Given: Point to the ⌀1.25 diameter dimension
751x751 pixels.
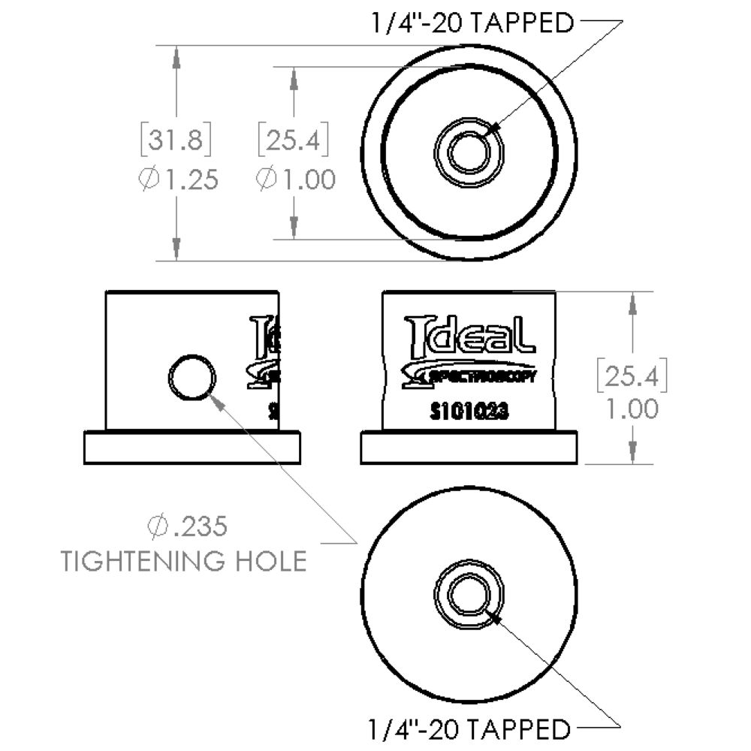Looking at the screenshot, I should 179,180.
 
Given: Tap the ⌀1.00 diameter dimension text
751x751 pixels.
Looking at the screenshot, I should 295,180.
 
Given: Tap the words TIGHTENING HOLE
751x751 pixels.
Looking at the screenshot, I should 184,561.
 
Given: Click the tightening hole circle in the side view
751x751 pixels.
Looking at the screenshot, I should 192,378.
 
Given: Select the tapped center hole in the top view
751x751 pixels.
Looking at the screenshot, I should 470,151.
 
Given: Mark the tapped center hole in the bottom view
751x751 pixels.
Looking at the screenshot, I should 470,594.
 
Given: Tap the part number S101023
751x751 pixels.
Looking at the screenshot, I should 470,412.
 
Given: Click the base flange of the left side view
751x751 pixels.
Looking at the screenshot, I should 192,448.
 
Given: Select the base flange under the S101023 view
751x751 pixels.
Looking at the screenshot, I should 469,448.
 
